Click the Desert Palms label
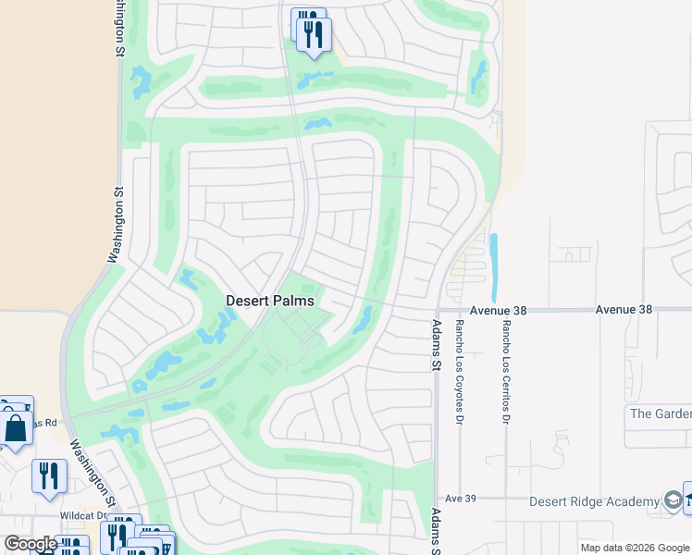[x=270, y=301]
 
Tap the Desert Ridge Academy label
[x=594, y=501]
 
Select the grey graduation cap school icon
[x=673, y=501]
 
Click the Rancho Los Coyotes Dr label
[x=459, y=372]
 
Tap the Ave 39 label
[x=460, y=499]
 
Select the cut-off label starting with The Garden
[x=659, y=413]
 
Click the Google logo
[x=31, y=544]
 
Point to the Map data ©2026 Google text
[x=635, y=548]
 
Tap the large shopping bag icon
[x=17, y=429]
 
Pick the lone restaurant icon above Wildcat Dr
[x=49, y=475]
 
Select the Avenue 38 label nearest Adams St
[x=497, y=311]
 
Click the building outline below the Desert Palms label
[x=299, y=325]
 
